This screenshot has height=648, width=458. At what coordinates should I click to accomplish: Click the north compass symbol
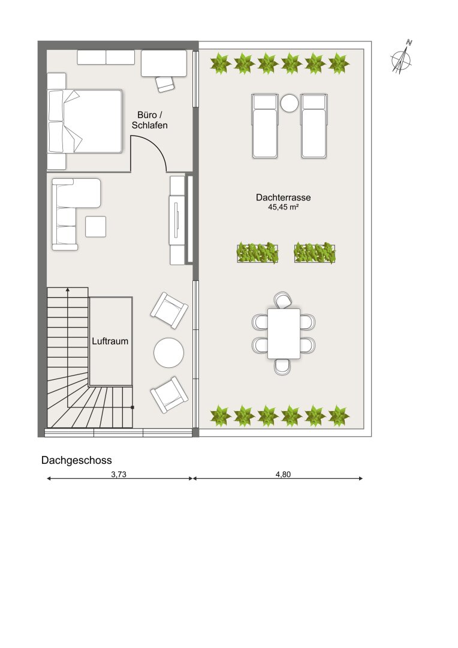(402, 58)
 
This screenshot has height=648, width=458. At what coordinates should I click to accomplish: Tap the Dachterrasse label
(283, 197)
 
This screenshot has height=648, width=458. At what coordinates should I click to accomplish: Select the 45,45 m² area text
(283, 207)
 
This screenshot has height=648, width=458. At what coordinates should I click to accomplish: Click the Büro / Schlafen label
(149, 120)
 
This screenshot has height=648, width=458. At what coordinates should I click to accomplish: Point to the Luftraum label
(110, 341)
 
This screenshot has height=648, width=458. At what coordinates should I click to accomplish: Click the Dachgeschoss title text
(76, 460)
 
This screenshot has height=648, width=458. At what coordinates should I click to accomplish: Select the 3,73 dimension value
(119, 475)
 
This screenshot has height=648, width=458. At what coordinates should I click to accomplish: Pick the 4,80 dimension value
(283, 475)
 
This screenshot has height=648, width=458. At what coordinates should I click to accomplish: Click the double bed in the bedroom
(85, 121)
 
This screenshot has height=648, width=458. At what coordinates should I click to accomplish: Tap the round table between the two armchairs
(168, 353)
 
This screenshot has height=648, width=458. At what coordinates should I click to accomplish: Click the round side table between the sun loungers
(289, 103)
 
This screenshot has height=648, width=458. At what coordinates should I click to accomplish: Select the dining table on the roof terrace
(284, 334)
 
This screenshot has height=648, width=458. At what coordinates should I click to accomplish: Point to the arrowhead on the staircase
(67, 290)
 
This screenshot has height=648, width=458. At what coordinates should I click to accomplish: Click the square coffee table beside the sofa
(95, 227)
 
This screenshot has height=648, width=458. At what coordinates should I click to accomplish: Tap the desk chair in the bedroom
(165, 85)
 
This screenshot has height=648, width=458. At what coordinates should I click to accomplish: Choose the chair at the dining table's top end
(284, 300)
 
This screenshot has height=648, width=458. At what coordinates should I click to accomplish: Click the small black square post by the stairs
(132, 407)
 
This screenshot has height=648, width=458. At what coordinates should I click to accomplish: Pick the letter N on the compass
(409, 42)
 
